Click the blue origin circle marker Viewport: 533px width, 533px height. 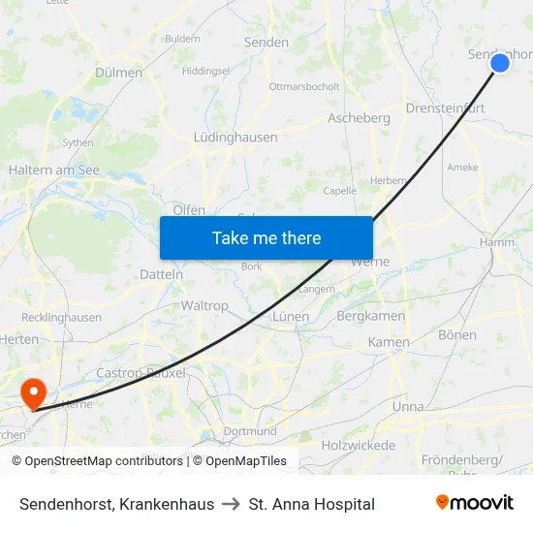pos(500,63)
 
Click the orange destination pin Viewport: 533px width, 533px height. pos(34,392)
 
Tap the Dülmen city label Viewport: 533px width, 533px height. pos(119,73)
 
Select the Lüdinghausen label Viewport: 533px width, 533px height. pos(235,138)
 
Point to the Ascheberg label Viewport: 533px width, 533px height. pos(359,118)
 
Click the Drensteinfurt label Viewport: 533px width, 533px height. pos(445,109)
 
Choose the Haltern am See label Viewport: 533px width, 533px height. pos(54,170)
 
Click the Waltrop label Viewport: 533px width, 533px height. pos(204,305)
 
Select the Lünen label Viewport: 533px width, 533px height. pos(291,317)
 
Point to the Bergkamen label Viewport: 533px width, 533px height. pos(370,316)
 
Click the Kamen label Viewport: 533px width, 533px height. pos(389,342)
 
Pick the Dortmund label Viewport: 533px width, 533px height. pos(250,431)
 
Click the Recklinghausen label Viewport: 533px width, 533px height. pos(61,317)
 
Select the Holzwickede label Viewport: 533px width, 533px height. pos(359,446)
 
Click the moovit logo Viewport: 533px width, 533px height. pos(474,503)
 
